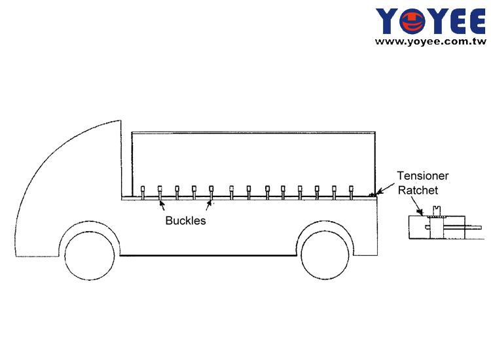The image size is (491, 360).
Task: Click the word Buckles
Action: point(185,221)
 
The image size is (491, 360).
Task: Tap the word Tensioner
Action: point(423,175)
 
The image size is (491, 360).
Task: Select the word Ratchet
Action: point(418,190)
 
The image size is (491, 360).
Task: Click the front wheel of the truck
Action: point(90,255)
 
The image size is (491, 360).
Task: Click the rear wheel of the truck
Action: point(325,255)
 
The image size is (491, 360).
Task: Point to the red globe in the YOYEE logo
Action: point(412,22)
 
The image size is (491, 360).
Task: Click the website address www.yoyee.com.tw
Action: point(431,41)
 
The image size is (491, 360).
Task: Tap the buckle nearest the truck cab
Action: point(143,192)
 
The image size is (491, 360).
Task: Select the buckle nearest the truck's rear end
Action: point(351,192)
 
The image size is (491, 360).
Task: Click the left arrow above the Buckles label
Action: point(162,206)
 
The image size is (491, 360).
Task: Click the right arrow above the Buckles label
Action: point(209,206)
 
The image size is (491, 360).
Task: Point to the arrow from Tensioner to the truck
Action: point(385,189)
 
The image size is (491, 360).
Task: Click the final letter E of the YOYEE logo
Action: point(474,21)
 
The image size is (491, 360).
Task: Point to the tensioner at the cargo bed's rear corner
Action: point(373,195)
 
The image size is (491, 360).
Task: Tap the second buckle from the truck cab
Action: point(160,192)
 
